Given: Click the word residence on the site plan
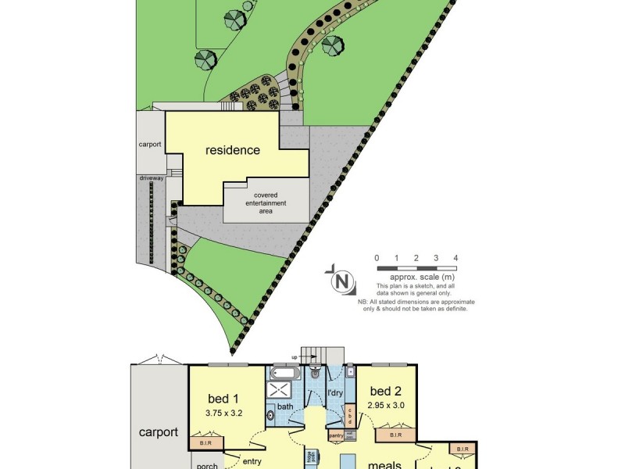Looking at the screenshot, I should pyautogui.click(x=232, y=150).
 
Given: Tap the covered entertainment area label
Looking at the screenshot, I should pyautogui.click(x=266, y=203).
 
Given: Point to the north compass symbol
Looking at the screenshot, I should pyautogui.click(x=341, y=280).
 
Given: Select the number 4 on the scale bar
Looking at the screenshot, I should pyautogui.click(x=455, y=258).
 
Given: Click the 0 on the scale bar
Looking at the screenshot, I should pyautogui.click(x=377, y=258).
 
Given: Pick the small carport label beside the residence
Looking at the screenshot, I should pyautogui.click(x=149, y=145).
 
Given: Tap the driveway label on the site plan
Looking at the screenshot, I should pyautogui.click(x=152, y=178).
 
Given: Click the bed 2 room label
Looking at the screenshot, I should pyautogui.click(x=386, y=391).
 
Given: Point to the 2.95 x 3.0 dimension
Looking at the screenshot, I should pyautogui.click(x=385, y=406).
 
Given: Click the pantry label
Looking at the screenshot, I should pyautogui.click(x=337, y=435).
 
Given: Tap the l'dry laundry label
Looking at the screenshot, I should pyautogui.click(x=336, y=392).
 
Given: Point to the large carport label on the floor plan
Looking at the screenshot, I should pyautogui.click(x=159, y=432).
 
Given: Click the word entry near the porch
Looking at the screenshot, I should pyautogui.click(x=252, y=462).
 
